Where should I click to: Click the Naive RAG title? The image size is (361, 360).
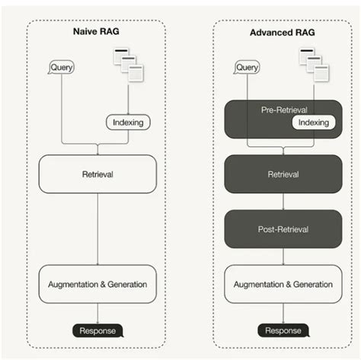[97, 33]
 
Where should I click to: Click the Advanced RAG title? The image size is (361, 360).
[283, 33]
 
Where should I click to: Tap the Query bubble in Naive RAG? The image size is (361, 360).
[62, 68]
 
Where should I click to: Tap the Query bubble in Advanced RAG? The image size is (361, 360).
[247, 68]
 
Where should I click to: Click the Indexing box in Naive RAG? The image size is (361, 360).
[127, 122]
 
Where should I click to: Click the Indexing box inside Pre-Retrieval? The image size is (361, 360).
[313, 123]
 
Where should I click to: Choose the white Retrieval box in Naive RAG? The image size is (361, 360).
[97, 174]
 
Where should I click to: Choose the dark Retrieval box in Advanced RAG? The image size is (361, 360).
[283, 174]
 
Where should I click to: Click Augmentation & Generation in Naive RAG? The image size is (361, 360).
[97, 284]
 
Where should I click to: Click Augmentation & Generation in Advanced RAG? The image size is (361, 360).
[283, 284]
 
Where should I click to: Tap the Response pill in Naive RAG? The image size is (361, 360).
[97, 330]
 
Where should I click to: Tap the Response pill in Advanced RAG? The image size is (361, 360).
[283, 330]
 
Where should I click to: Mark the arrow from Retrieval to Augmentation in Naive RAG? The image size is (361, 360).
[97, 228]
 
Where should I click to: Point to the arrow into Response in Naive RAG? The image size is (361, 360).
[97, 313]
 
